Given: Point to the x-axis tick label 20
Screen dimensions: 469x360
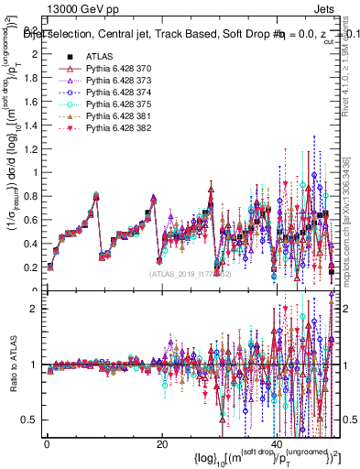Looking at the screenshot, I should [x=161, y=445].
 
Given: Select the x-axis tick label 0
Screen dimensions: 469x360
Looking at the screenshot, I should [x=47, y=445].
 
